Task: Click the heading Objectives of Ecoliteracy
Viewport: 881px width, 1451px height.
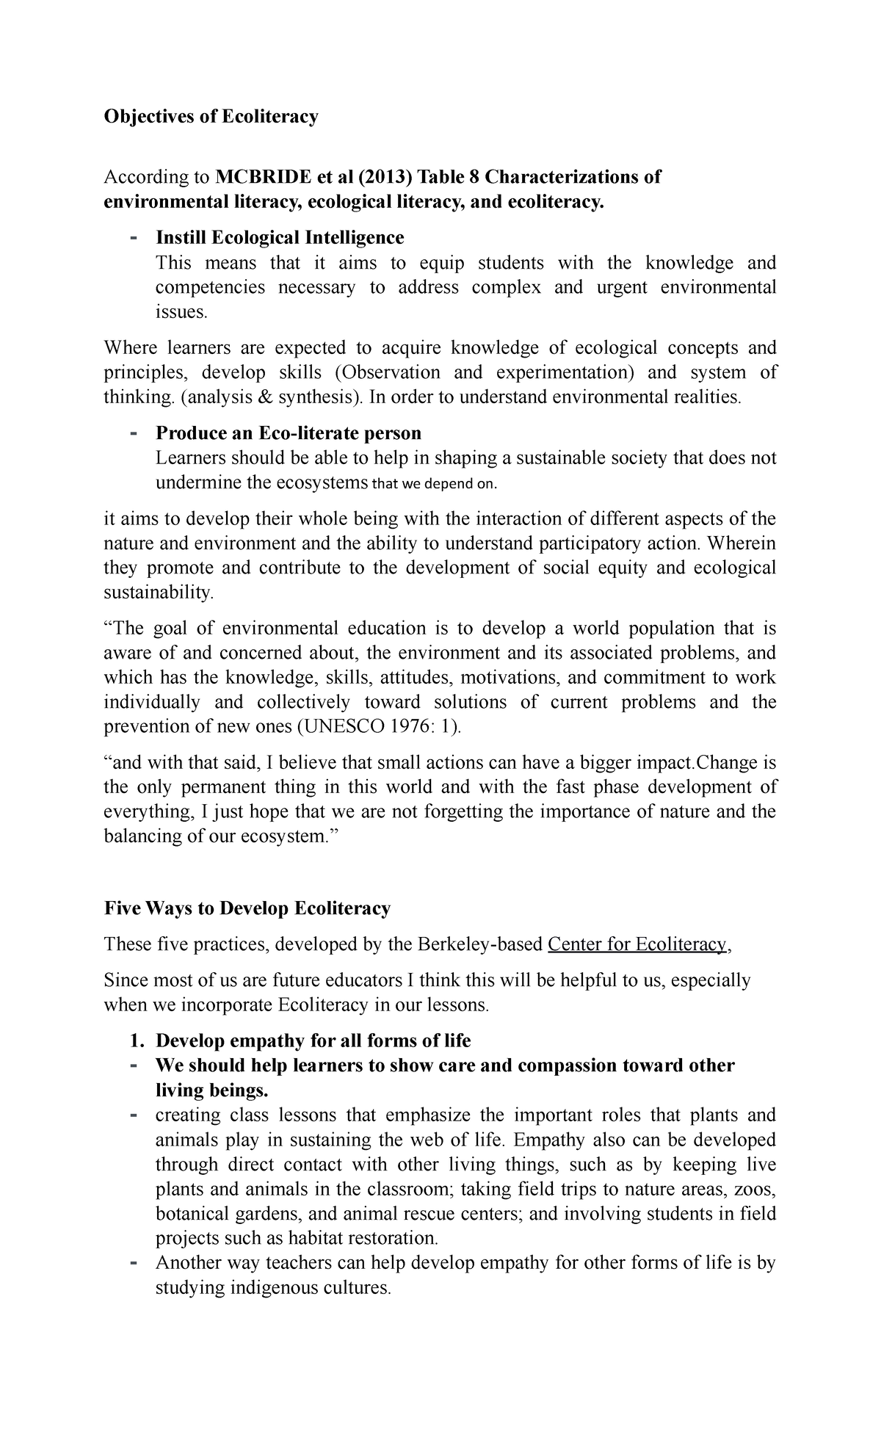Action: pyautogui.click(x=211, y=117)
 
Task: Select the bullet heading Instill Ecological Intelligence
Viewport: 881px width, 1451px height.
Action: pyautogui.click(x=280, y=237)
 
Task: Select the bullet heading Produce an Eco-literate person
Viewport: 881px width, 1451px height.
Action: pyautogui.click(x=289, y=433)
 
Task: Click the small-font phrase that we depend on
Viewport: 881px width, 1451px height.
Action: pyautogui.click(x=435, y=484)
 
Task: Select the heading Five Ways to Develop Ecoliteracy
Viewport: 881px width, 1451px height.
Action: pyautogui.click(x=247, y=908)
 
